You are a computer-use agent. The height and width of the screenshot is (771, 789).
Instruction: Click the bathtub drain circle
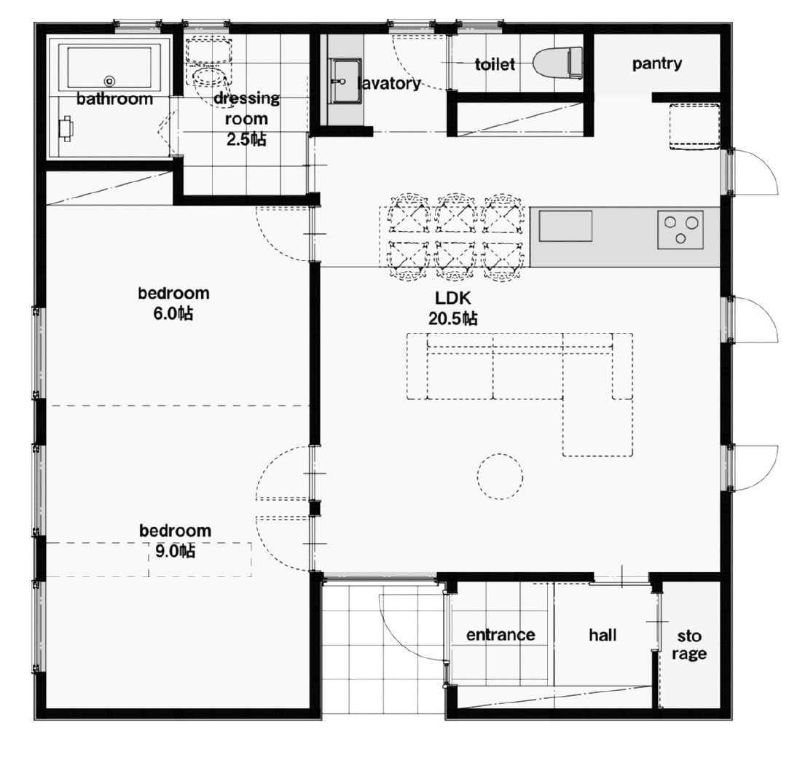click(x=110, y=80)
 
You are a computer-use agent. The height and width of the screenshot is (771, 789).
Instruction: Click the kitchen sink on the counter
click(x=565, y=226)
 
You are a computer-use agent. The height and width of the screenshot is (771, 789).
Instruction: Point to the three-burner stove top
click(x=680, y=229)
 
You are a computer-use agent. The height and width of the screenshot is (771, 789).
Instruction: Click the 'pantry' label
click(x=657, y=64)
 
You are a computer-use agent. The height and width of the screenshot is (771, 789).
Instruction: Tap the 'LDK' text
click(x=453, y=299)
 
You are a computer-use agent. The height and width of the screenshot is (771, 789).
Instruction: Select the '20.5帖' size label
click(x=453, y=318)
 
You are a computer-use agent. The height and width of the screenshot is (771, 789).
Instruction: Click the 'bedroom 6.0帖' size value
click(x=173, y=313)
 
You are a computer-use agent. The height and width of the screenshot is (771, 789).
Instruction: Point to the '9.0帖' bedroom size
click(x=175, y=551)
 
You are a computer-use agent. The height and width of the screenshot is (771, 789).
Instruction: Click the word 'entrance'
click(x=501, y=635)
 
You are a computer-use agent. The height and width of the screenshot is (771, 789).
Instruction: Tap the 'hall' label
click(x=602, y=635)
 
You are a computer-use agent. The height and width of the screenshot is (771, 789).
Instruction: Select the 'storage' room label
click(x=689, y=645)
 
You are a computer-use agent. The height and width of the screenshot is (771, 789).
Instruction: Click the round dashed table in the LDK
click(x=501, y=476)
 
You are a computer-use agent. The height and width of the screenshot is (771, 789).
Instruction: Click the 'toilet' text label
click(x=495, y=64)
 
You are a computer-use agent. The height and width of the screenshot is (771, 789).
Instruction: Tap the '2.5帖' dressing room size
click(x=246, y=139)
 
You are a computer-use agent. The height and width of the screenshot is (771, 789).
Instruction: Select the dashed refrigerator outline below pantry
click(x=694, y=127)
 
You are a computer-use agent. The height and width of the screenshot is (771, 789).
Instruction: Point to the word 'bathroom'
click(x=114, y=98)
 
